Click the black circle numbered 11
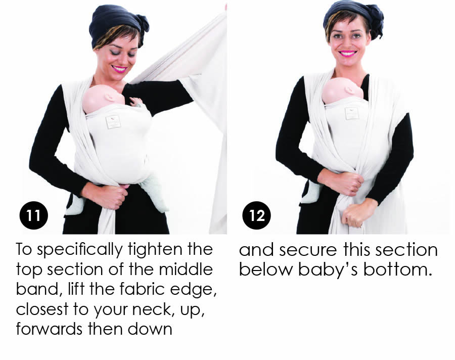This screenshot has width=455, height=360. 34,215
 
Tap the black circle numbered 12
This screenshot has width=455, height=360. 256,215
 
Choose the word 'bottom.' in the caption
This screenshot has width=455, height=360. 397,269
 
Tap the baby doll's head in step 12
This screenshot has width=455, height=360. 342,91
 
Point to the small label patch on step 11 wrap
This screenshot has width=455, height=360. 113,122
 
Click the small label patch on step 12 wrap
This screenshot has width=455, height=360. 352,114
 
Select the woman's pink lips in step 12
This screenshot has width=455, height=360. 348,53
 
